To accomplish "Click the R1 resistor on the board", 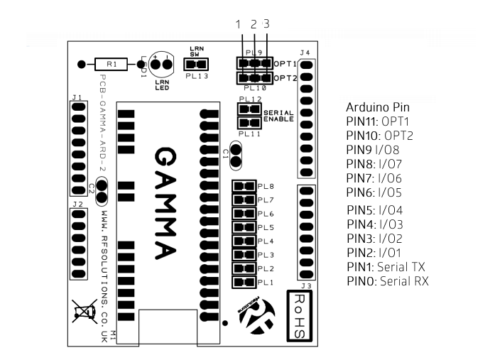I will click(x=113, y=65).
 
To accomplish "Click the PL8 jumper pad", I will click(x=244, y=187).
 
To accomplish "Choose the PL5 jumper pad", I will click(x=244, y=228).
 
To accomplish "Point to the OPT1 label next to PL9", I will click(x=285, y=63).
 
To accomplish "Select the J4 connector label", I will click(x=305, y=53).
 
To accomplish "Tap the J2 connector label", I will click(x=77, y=204).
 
